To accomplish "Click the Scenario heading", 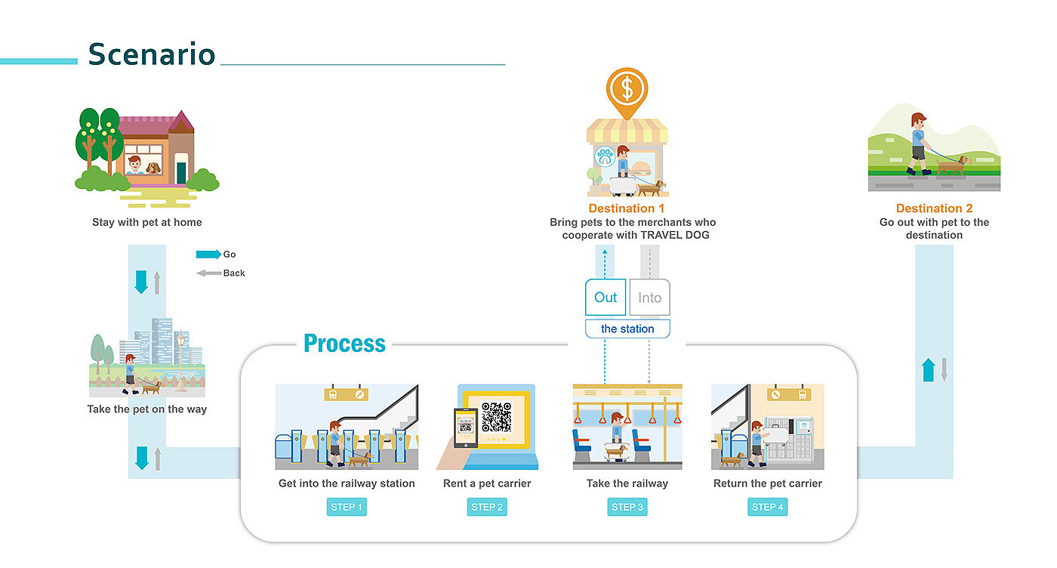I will [152, 54].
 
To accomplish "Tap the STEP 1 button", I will [347, 507].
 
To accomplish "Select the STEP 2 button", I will [487, 507].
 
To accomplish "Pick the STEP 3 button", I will [627, 507].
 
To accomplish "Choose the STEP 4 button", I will [768, 507].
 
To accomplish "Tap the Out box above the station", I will [606, 298].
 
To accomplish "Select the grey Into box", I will [649, 298].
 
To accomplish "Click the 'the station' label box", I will [627, 329].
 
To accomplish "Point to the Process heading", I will [344, 344].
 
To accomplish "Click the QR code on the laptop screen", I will [496, 417].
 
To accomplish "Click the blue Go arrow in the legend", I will [208, 255].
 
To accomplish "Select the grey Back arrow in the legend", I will [209, 273].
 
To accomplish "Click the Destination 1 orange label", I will [627, 208].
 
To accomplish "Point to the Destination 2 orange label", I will [934, 208].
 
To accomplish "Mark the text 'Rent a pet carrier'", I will [487, 483].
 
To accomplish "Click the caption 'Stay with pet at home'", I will [147, 223].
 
